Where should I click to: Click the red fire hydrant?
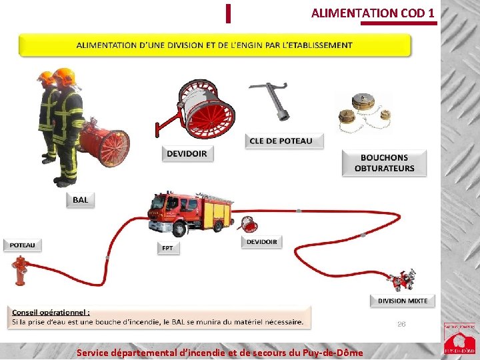(21, 271)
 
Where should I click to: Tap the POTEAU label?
(22, 245)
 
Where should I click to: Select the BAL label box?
(80, 199)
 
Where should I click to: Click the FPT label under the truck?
(167, 248)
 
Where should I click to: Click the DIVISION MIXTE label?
(403, 301)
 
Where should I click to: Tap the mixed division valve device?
(402, 279)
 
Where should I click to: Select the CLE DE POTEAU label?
(280, 141)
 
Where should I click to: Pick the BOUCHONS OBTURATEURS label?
(384, 163)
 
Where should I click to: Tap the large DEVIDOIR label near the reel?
(187, 154)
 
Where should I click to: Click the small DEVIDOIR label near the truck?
(262, 242)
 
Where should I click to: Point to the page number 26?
(401, 324)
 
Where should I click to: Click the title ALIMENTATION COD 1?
(373, 13)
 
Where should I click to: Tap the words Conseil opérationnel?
(51, 312)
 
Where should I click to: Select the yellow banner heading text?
(215, 45)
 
